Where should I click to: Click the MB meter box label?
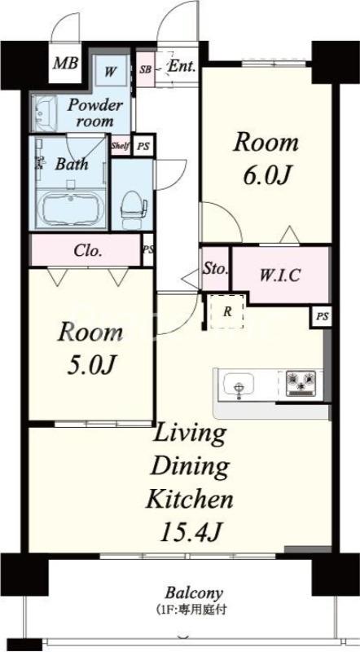[66, 64]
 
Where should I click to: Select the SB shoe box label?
[145, 69]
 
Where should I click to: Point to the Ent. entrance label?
[182, 67]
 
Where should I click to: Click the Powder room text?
[95, 113]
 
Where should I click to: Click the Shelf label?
[121, 146]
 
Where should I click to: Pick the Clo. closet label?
[88, 251]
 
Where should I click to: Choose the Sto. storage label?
[215, 269]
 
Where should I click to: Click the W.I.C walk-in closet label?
[280, 275]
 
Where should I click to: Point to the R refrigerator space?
[227, 312]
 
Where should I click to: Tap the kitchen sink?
[239, 385]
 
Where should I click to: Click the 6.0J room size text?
[266, 176]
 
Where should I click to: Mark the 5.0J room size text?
[90, 365]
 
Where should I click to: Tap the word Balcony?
[194, 593]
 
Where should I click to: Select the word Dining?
[190, 466]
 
